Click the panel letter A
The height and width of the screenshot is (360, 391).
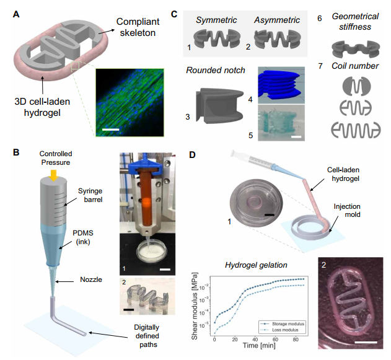point(16,14)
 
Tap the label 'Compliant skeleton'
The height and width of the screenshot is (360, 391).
point(138,27)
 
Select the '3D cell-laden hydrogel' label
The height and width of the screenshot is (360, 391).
point(42,107)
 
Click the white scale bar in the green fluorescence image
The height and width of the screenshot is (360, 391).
point(111,130)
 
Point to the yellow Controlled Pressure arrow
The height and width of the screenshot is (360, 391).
point(54,175)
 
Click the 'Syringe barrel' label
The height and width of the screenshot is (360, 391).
point(90,195)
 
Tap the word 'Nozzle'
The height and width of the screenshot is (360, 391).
point(91,279)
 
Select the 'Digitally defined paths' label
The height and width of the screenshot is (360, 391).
point(147,336)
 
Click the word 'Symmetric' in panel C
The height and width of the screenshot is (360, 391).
point(216,20)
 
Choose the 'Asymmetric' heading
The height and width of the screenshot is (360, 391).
point(277,20)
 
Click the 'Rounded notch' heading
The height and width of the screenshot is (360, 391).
point(216,70)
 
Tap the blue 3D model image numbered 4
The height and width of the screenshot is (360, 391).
point(281,85)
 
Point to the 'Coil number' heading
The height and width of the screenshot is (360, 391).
point(355,66)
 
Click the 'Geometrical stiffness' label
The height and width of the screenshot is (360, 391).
point(355,22)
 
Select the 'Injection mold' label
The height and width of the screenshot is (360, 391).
point(347,211)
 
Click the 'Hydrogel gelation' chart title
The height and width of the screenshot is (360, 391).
point(256,265)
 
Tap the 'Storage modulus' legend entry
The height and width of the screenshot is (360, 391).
point(283,324)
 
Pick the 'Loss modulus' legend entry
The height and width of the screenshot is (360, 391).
point(279,330)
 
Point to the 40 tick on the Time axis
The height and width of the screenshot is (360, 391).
point(255,340)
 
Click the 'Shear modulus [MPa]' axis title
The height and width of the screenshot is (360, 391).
point(194,306)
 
